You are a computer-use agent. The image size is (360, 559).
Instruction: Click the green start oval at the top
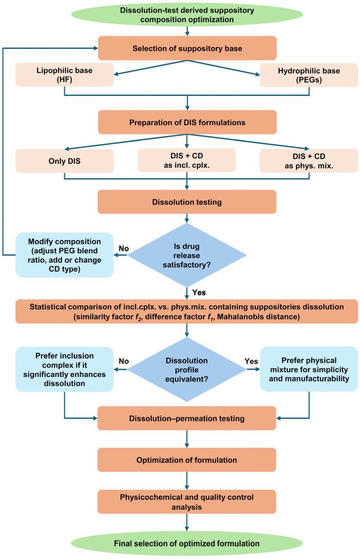tap(187, 13)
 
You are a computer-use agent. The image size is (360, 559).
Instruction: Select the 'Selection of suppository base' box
tap(187, 48)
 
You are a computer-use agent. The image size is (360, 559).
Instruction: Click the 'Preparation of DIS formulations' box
tap(187, 122)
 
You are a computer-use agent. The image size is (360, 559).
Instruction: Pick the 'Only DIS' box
tap(65, 160)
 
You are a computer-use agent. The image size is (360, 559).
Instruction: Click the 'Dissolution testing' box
tap(187, 202)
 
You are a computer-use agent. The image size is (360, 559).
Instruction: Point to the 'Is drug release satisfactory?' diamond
tap(187, 255)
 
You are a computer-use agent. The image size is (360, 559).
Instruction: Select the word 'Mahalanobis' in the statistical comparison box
tap(263, 317)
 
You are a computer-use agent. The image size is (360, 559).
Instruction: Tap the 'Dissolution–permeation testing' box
tap(187, 419)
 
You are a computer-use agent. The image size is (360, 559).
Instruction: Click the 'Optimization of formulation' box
tap(187, 460)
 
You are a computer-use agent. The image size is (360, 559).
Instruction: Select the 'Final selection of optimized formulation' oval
tap(187, 543)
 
